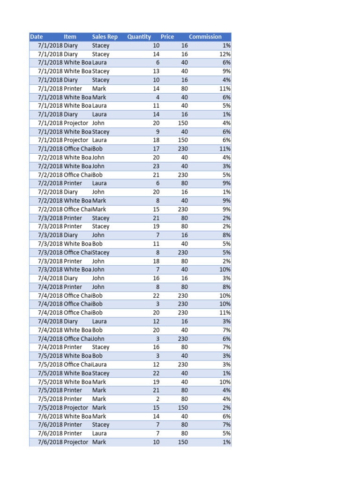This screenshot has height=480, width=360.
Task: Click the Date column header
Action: [x=37, y=37]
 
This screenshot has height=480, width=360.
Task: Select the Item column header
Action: [x=70, y=37]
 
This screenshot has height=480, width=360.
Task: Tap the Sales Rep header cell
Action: [x=105, y=37]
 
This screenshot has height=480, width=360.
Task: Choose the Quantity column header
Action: [x=139, y=37]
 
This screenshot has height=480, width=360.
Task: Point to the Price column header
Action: [x=167, y=37]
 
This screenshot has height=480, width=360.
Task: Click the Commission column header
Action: [x=205, y=37]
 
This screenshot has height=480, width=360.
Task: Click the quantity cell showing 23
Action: [x=156, y=166]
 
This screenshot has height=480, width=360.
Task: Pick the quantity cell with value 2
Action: [x=157, y=399]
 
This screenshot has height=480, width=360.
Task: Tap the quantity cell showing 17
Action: [x=156, y=149]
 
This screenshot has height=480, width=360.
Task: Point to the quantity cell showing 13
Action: [x=156, y=71]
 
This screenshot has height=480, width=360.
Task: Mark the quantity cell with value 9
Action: [x=157, y=132]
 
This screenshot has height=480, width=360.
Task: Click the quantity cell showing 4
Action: [x=157, y=97]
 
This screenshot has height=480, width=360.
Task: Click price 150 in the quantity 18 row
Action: [x=183, y=140]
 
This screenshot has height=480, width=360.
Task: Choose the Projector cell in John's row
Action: [x=76, y=123]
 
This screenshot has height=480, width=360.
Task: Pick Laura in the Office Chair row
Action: [x=99, y=364]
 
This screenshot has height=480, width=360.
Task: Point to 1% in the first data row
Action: [x=226, y=45]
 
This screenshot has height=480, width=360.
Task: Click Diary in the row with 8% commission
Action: [x=71, y=235]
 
